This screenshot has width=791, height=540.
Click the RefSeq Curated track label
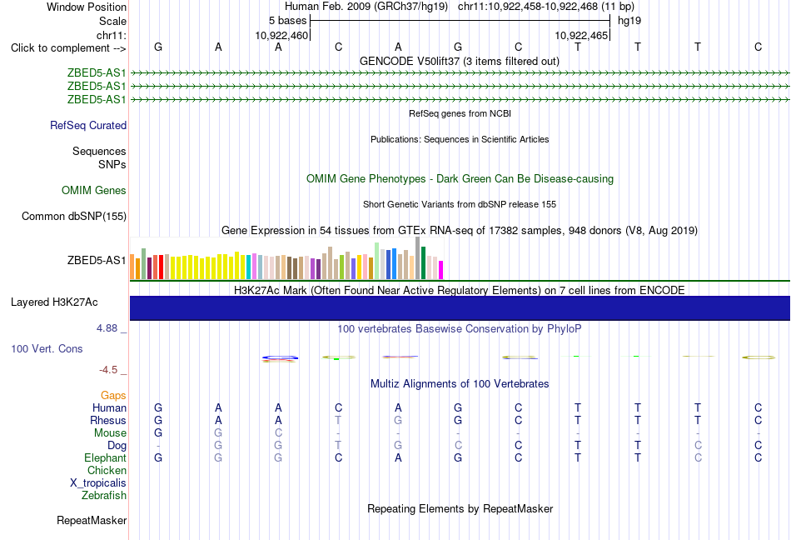(88, 125)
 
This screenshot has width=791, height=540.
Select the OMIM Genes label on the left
(94, 190)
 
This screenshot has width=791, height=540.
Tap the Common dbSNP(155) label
(74, 216)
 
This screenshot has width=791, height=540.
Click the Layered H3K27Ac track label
(54, 302)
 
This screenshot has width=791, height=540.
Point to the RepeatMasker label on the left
(92, 520)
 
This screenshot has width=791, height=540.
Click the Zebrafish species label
(104, 495)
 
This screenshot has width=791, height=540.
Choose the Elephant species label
(106, 457)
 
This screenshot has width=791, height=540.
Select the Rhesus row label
(108, 420)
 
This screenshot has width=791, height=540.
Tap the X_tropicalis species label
(98, 483)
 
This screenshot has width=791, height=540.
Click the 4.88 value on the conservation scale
(107, 328)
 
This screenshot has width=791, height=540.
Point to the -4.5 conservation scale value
(108, 370)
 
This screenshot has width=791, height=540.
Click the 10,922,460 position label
(281, 35)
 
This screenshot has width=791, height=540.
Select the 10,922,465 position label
(581, 35)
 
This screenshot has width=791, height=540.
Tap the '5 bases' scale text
(287, 21)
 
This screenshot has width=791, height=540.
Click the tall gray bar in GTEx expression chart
(418, 257)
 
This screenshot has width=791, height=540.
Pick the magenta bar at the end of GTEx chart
(441, 270)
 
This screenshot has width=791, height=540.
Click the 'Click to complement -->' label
(68, 48)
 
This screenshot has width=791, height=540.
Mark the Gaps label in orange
(113, 395)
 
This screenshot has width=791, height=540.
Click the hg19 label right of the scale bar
(629, 21)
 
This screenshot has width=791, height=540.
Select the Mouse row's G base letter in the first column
(158, 432)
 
